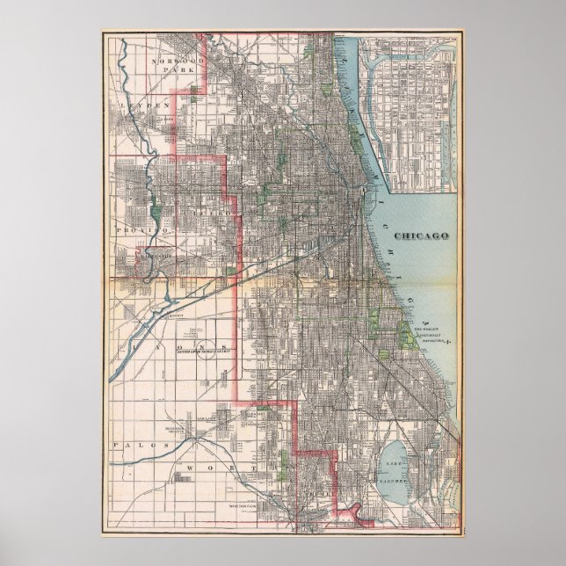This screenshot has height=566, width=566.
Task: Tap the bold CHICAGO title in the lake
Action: pos(421,236)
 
